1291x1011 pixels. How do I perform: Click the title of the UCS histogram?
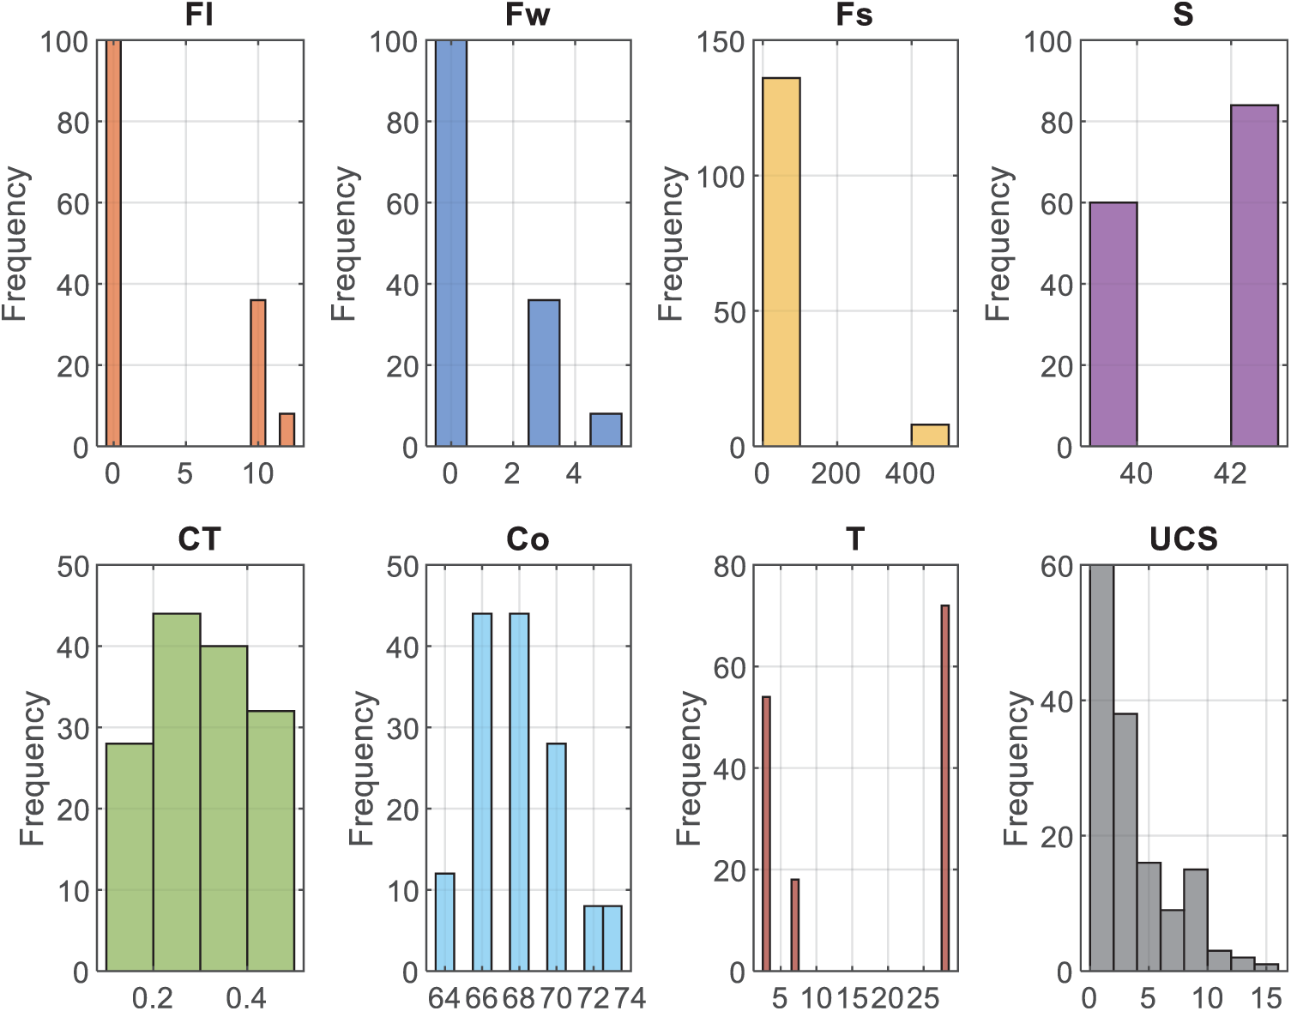tap(1183, 539)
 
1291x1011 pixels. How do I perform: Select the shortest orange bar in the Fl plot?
tap(287, 430)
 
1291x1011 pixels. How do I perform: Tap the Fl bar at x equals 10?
tap(257, 373)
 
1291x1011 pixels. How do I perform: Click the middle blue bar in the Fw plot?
tap(544, 373)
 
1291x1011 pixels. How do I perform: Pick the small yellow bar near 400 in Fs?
tap(930, 436)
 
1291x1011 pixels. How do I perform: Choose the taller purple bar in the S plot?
tap(1254, 275)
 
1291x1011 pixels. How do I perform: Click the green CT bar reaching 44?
tap(177, 792)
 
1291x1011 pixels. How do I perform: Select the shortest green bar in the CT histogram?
tap(130, 857)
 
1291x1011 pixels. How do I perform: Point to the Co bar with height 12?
tap(444, 922)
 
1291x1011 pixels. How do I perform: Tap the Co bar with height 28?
tap(556, 857)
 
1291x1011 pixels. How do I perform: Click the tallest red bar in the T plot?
tap(944, 788)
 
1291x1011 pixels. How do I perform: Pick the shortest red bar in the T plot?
tap(794, 925)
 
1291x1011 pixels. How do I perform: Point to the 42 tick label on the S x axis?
tap(1230, 473)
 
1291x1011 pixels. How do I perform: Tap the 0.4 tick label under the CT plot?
tap(246, 998)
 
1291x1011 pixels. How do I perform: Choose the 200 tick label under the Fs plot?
tap(836, 473)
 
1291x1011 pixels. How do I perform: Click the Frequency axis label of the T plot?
tap(689, 768)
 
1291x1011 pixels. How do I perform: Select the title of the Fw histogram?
tap(527, 15)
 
